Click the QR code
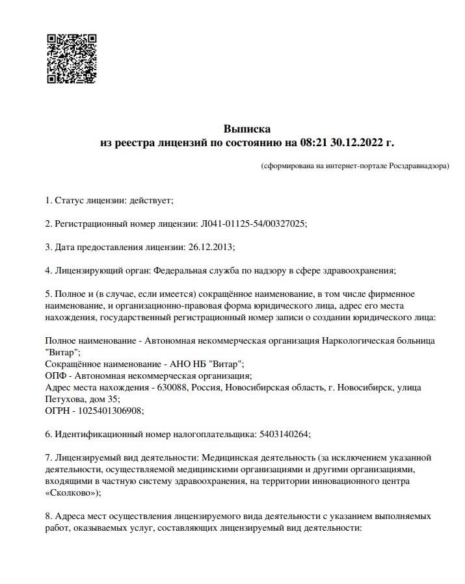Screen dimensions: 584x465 pyautogui.click(x=72, y=58)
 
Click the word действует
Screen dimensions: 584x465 pyautogui.click(x=151, y=201)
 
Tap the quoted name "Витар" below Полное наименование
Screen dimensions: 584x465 pyautogui.click(x=62, y=352)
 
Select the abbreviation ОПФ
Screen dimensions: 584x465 pyautogui.click(x=56, y=375)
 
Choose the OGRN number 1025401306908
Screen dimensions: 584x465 pyautogui.click(x=111, y=411)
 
